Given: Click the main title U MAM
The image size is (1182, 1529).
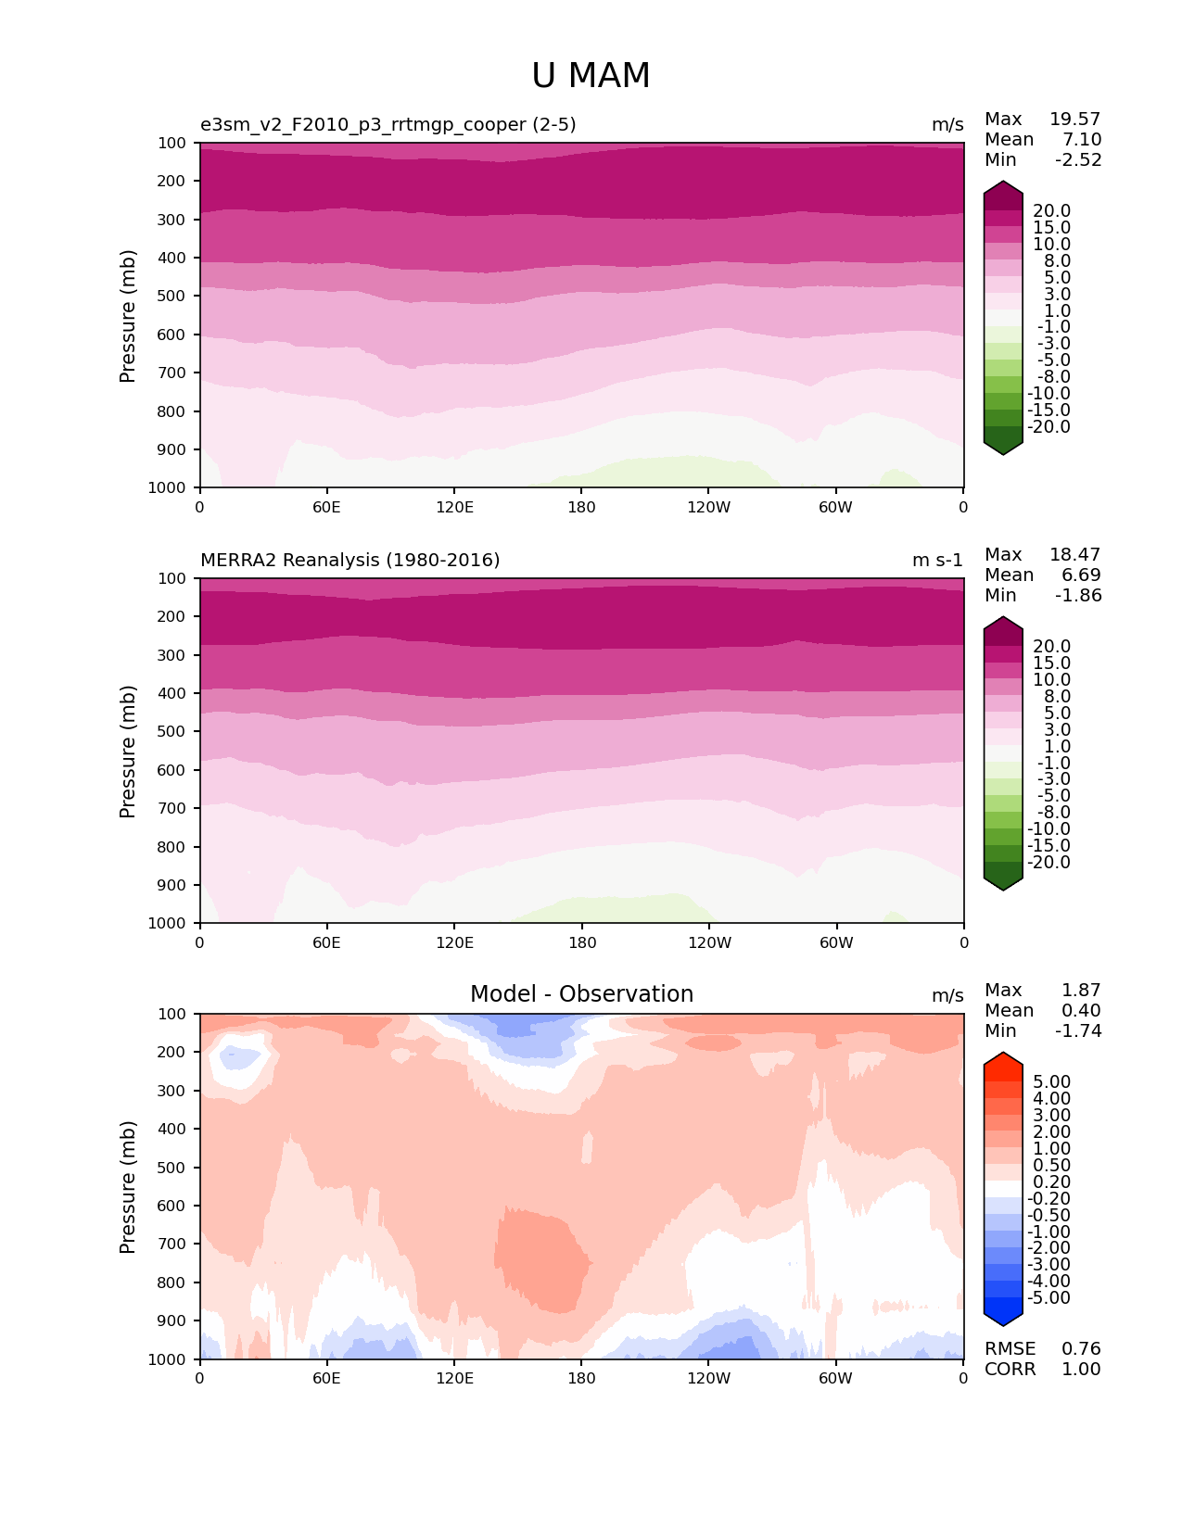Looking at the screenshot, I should click(x=591, y=76).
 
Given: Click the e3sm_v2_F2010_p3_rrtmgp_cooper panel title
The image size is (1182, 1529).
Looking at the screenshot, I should click(x=388, y=125).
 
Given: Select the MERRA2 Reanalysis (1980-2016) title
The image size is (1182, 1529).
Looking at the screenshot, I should click(x=350, y=561).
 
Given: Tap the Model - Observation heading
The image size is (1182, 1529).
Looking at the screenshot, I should click(x=581, y=994).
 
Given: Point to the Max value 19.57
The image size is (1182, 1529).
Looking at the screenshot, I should click(x=1074, y=120).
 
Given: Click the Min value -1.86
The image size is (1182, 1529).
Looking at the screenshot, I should click(x=1078, y=596).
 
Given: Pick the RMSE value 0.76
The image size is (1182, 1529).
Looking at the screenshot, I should click(x=1081, y=1349).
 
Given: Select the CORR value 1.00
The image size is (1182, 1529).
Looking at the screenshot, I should click(x=1081, y=1370).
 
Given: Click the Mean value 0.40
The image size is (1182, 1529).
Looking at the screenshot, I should click(x=1081, y=1011).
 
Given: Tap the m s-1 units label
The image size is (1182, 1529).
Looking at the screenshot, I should click(x=937, y=561).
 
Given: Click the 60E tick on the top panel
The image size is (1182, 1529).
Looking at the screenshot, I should click(x=326, y=508).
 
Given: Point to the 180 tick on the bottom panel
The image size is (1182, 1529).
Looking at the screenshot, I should click(x=581, y=1379).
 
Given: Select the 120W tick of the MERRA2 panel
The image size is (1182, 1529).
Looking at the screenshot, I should click(x=709, y=943).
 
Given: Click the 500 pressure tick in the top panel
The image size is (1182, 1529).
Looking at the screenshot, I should click(x=173, y=297).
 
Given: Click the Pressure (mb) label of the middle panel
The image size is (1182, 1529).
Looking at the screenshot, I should click(x=128, y=752).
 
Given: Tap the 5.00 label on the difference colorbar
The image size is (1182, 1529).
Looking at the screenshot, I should click(x=1051, y=1082).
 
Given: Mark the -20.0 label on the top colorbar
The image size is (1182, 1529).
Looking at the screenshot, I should click(x=1051, y=427).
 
